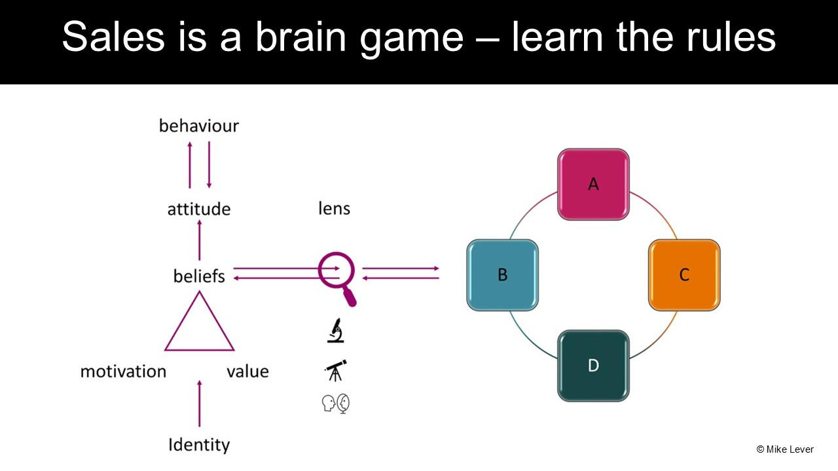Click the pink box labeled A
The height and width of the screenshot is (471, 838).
[593, 184]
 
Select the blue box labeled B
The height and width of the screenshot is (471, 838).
[502, 275]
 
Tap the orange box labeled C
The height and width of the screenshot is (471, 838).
[684, 275]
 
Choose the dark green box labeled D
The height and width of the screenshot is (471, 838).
[593, 365]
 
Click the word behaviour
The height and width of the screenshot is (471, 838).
[199, 126]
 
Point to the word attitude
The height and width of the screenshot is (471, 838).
[199, 209]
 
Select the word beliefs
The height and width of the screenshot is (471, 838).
[199, 276]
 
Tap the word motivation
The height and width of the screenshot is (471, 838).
[123, 372]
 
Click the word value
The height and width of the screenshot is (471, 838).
[247, 372]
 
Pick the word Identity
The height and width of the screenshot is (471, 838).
[199, 445]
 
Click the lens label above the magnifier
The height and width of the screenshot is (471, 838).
[334, 209]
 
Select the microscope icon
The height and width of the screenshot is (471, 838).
[336, 330]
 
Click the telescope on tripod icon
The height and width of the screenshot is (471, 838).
[336, 370]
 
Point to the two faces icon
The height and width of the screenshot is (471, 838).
[336, 404]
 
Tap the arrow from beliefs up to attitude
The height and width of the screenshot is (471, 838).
[199, 240]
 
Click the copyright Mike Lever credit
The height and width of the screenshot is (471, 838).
[785, 449]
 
